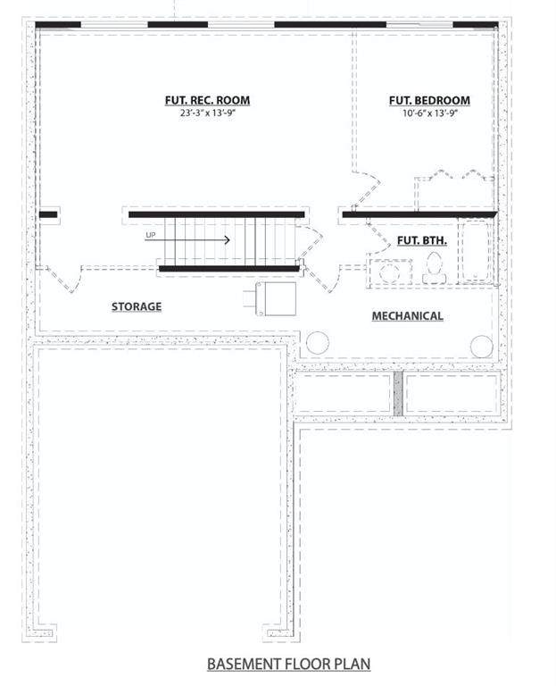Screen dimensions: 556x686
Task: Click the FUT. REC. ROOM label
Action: pyautogui.click(x=207, y=100)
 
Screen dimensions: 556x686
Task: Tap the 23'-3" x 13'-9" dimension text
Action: pyautogui.click(x=208, y=113)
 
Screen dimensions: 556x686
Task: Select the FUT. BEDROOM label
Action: pyautogui.click(x=429, y=100)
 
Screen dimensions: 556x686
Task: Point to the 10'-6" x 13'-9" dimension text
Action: pyautogui.click(x=430, y=113)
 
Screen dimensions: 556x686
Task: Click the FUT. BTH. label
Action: pyautogui.click(x=422, y=240)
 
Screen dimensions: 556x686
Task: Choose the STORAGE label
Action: pyautogui.click(x=137, y=306)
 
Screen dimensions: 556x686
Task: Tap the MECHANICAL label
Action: pyautogui.click(x=407, y=316)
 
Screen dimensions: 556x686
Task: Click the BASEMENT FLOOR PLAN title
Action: pyautogui.click(x=288, y=664)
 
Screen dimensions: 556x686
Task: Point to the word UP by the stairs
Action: pyautogui.click(x=150, y=236)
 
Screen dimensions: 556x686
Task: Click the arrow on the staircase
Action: pyautogui.click(x=187, y=239)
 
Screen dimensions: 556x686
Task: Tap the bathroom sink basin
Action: pyautogui.click(x=389, y=272)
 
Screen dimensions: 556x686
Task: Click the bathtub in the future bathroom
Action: pyautogui.click(x=475, y=252)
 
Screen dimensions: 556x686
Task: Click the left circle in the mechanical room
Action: pyautogui.click(x=318, y=343)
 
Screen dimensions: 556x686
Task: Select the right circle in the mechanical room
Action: pyautogui.click(x=482, y=346)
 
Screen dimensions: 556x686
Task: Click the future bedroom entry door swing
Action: pyautogui.click(x=366, y=189)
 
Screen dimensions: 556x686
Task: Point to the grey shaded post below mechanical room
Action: pyautogui.click(x=398, y=394)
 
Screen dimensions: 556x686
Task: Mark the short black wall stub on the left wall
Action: pyautogui.click(x=48, y=214)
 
